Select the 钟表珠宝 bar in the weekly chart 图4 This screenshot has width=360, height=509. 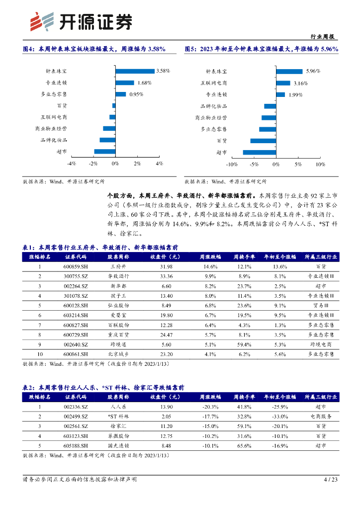pyautogui.click(x=135, y=71)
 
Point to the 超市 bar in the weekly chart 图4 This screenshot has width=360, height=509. pyautogui.click(x=104, y=152)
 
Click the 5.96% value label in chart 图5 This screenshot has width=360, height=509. pyautogui.click(x=313, y=71)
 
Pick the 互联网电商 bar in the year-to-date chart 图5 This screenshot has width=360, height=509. pyautogui.click(x=283, y=83)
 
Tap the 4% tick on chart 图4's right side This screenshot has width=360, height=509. pyautogui.click(x=159, y=164)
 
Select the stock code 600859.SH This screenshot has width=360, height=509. pyautogui.click(x=76, y=266)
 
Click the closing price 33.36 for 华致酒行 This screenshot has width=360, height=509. pyautogui.click(x=167, y=276)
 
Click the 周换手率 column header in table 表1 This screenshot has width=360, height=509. pyautogui.click(x=244, y=257)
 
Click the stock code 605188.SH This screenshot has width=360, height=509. pyautogui.click(x=76, y=445)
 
